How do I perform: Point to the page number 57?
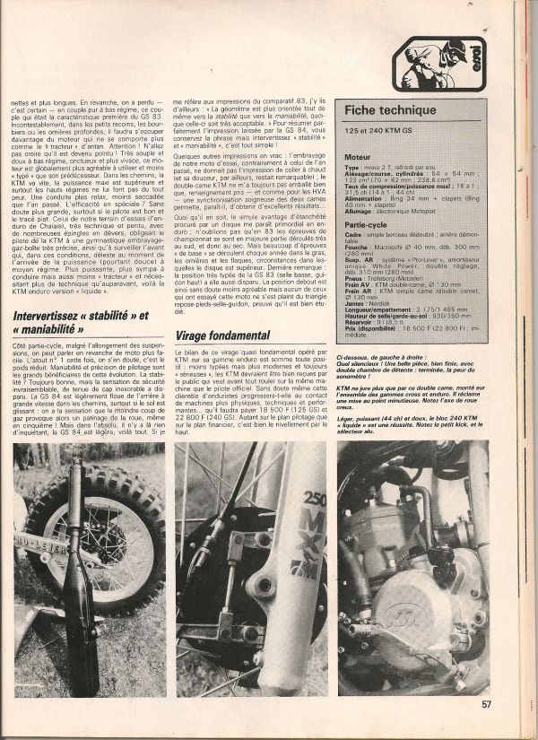484,704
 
